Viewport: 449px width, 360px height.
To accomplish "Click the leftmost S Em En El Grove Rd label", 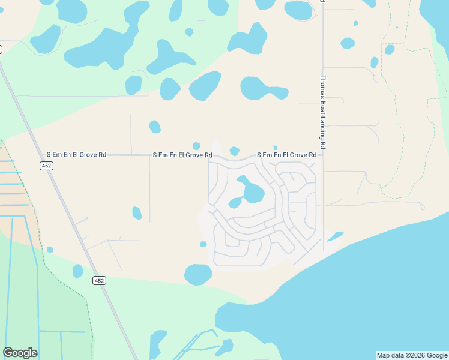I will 76,155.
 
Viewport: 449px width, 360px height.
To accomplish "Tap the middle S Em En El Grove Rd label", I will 182,155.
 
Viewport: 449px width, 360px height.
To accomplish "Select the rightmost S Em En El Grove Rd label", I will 287,155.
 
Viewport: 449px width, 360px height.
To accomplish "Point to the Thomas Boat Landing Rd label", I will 322,112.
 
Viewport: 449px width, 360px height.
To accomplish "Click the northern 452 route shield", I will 47,166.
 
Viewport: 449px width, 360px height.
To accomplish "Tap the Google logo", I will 20,353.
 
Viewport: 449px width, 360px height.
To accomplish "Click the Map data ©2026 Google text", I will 412,355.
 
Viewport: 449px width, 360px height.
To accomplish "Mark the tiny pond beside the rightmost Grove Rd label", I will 275,148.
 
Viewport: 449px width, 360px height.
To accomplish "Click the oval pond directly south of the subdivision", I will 198,274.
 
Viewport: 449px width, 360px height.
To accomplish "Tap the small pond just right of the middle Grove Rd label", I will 196,146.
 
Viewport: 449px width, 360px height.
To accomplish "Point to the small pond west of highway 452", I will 50,250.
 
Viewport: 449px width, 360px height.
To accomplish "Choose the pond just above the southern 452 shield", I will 77,271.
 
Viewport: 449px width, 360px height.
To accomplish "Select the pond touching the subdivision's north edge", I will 234,151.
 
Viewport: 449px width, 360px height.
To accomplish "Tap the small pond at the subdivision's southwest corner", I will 203,244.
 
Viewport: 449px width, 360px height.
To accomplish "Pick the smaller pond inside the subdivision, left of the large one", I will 235,203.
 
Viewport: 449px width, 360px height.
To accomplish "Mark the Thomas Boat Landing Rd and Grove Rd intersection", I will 323,155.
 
